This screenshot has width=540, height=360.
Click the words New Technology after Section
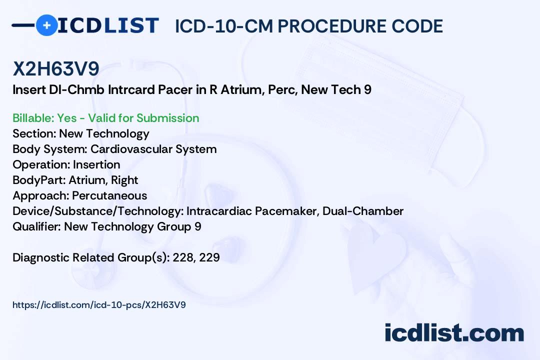pos(104,133)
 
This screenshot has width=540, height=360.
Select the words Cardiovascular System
pos(153,149)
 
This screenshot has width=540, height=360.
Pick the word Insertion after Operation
pos(96,164)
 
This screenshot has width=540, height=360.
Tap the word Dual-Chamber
pos(363,211)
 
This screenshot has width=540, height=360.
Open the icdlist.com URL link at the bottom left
pos(99,304)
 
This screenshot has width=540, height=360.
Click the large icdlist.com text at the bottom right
pos(454,332)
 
